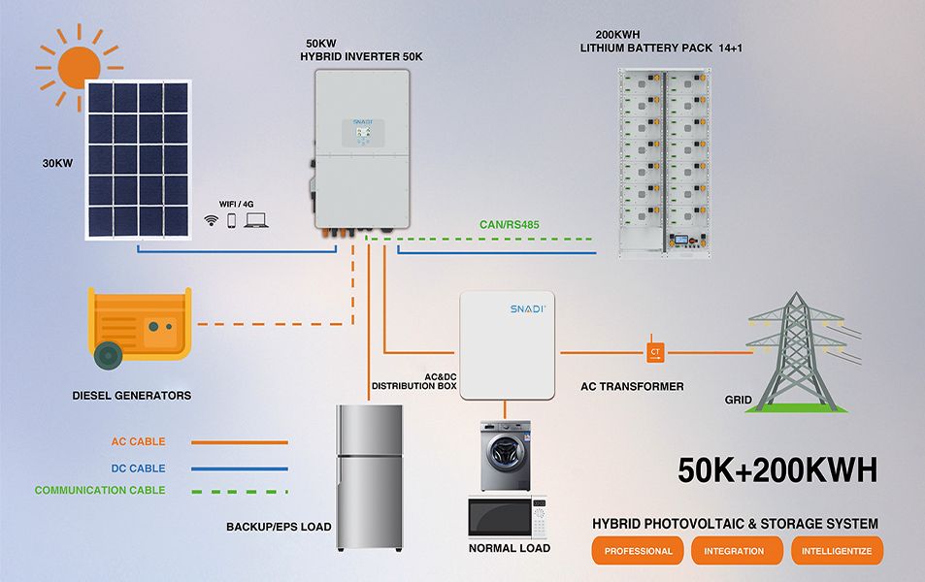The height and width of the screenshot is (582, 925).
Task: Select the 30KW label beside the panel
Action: pos(57,163)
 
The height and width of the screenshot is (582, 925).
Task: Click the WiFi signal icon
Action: pos(211,221)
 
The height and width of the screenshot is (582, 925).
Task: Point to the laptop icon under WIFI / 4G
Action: pos(256,221)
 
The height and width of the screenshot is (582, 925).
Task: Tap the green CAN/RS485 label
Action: pos(510,225)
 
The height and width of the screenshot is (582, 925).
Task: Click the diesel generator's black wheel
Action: pos(109,356)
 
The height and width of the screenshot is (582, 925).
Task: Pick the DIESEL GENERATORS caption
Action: pos(132,396)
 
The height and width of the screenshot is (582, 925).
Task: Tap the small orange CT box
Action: pos(654,350)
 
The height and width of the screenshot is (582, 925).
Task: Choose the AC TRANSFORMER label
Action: pos(632,386)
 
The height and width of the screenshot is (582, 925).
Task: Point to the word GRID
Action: pos(739,400)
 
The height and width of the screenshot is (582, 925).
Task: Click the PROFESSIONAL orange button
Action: pos(638,551)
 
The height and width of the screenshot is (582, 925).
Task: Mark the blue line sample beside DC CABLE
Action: pos(240,468)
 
